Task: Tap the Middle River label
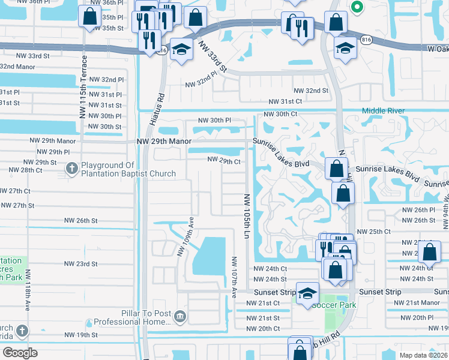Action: [x=383, y=110]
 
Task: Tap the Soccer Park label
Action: [x=333, y=305]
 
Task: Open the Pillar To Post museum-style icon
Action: [x=179, y=316]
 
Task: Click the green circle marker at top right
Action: [x=357, y=7]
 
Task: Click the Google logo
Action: [x=20, y=353]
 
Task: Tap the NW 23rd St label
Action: [x=80, y=263]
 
